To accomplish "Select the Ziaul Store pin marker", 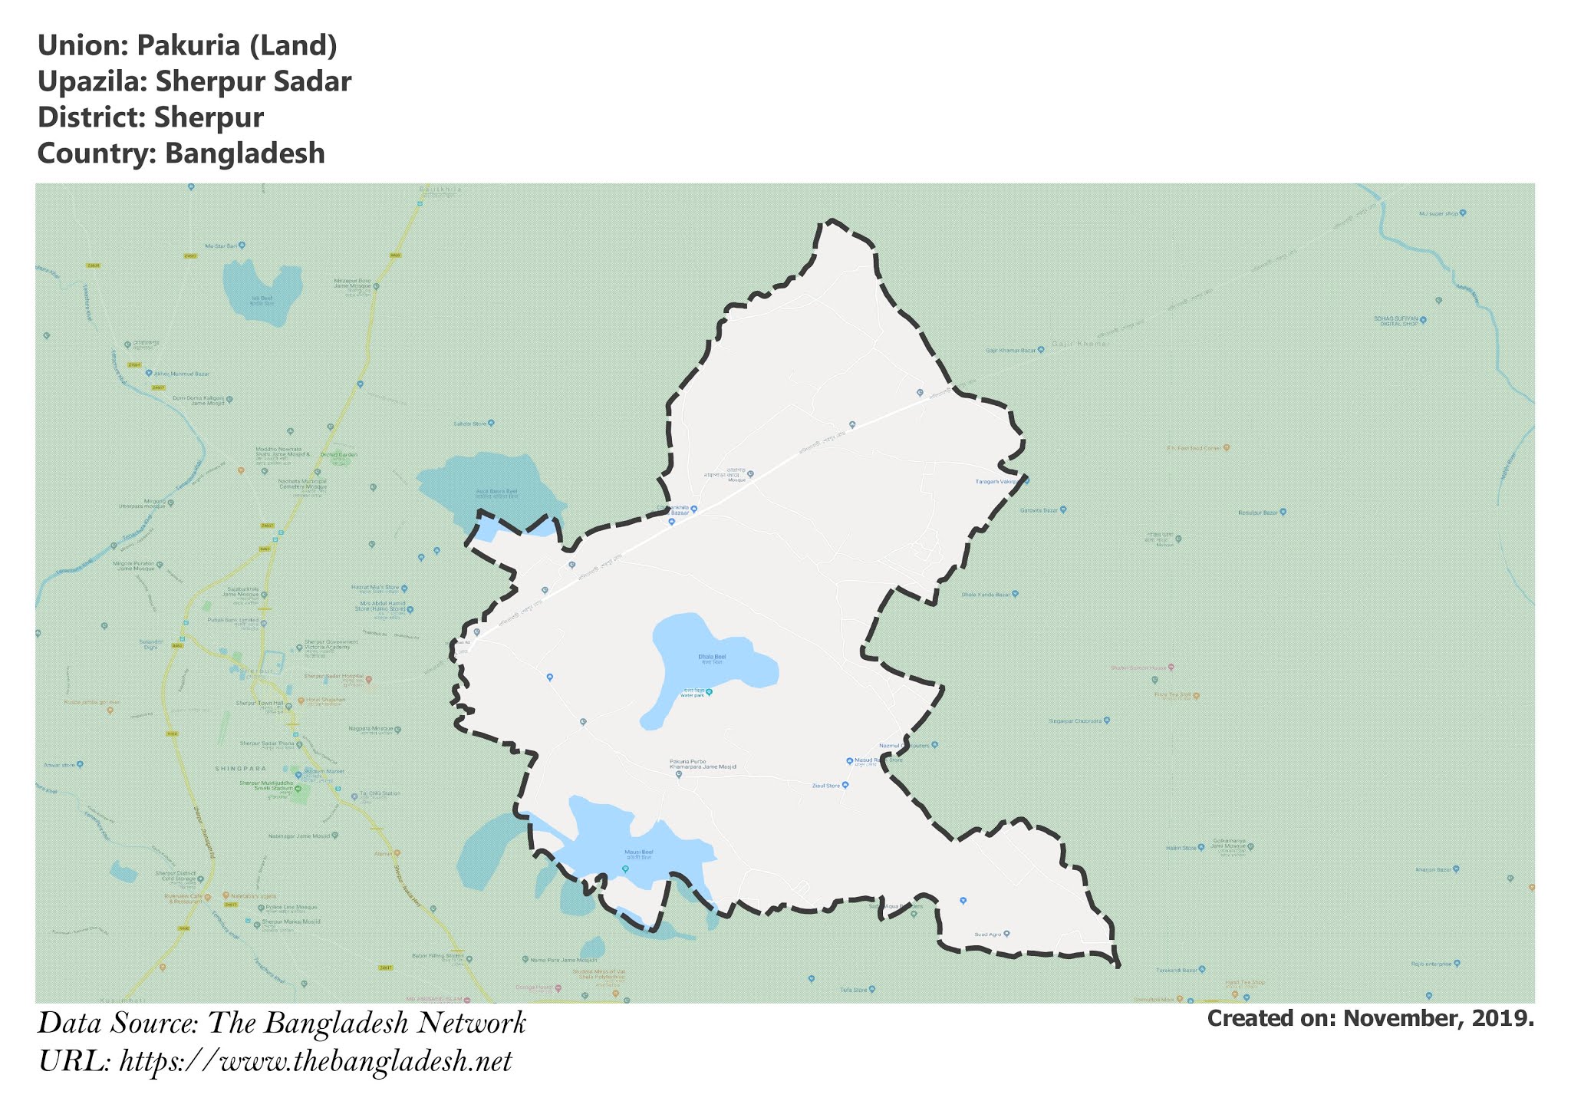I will point(845,785).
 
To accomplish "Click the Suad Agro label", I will point(987,934).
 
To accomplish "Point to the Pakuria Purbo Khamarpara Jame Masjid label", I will point(703,763).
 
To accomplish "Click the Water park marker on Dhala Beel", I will point(709,692).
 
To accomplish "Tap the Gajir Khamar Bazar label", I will point(1010,350).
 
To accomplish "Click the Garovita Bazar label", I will point(1038,509).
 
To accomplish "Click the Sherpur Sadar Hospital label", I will point(333,677).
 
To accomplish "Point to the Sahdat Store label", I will point(469,424).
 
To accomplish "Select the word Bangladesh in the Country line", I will point(245,153).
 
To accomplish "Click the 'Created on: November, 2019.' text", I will point(1370,1018).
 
